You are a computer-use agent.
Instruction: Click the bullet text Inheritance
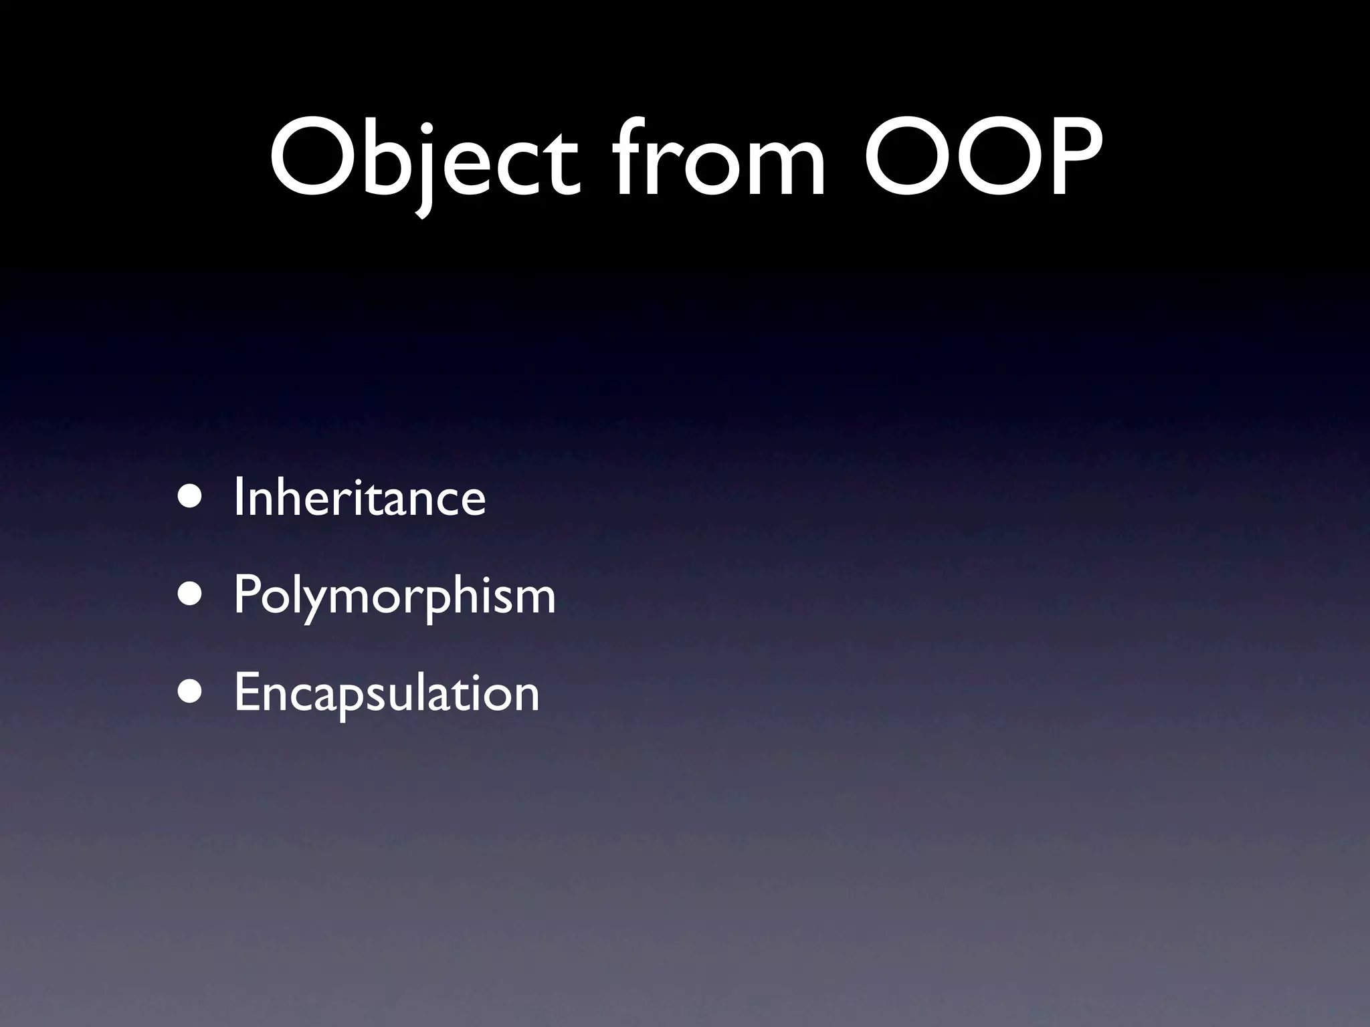pyautogui.click(x=360, y=497)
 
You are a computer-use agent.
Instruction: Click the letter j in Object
pyautogui.click(x=422, y=167)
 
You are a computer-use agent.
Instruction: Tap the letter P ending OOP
pyautogui.click(x=1068, y=158)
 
